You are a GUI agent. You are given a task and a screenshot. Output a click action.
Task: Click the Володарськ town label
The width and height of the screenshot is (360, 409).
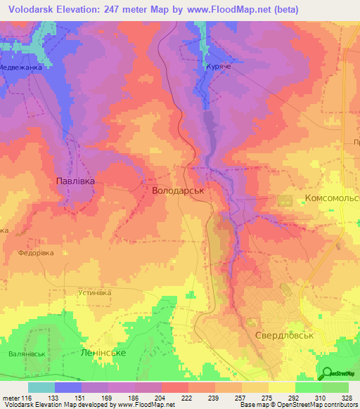click(178, 190)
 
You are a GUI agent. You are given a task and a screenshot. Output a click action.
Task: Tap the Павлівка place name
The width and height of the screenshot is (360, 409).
click(75, 181)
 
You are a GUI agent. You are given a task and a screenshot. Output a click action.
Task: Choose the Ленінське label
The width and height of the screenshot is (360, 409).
click(103, 352)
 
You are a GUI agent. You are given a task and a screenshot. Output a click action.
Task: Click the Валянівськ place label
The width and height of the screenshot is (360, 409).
click(28, 354)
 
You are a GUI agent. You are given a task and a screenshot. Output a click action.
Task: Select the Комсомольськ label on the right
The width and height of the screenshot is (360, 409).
click(332, 199)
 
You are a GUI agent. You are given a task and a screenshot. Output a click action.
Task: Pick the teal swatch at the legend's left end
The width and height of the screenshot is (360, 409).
click(41, 387)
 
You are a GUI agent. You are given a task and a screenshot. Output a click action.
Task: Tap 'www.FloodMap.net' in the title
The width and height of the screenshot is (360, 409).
click(229, 10)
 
